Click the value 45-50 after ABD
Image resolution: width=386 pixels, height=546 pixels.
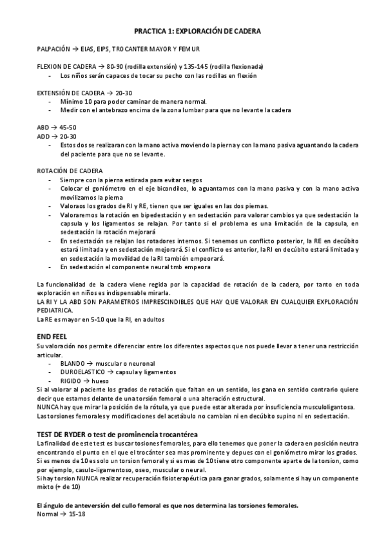coord(68,127)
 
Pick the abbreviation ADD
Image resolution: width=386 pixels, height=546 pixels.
coord(44,136)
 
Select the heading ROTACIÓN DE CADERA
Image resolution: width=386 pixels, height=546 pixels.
coord(66,171)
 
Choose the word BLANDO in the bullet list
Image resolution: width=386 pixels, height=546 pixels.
coord(72,364)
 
